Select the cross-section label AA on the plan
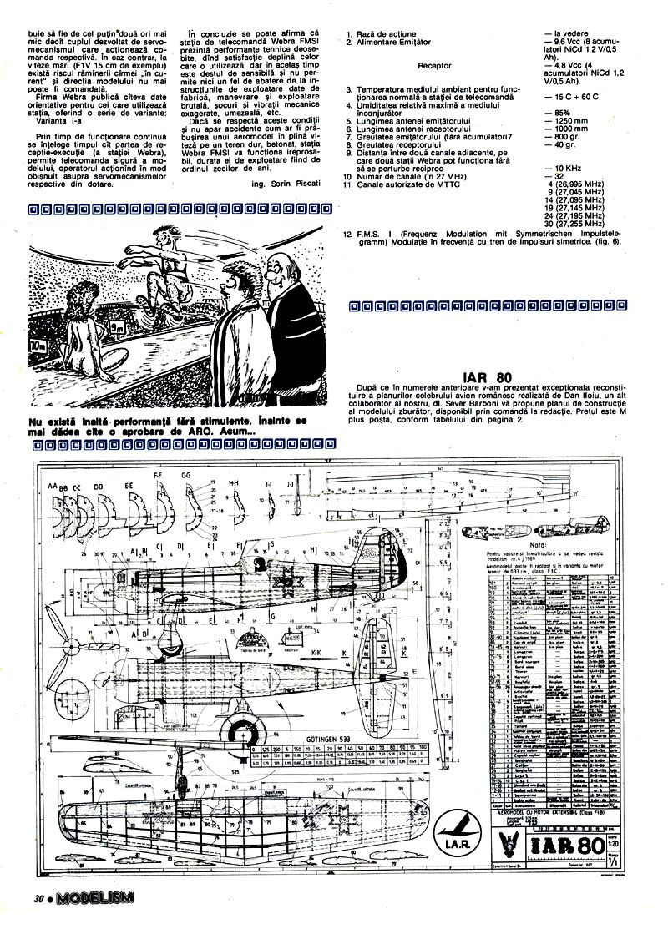[53, 485]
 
